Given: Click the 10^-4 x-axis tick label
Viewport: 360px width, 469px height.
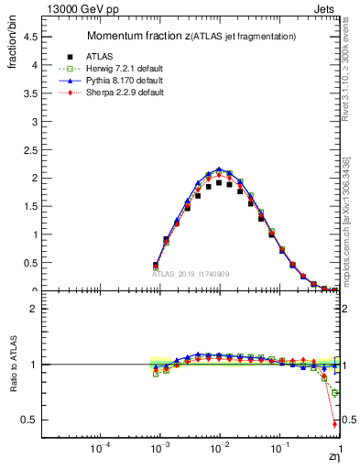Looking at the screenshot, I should point(99,450).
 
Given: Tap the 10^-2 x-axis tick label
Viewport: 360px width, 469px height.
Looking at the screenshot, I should point(219,450).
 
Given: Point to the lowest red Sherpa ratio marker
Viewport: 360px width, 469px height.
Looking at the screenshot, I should point(334,424).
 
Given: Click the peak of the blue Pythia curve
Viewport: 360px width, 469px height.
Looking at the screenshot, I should point(218,169).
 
